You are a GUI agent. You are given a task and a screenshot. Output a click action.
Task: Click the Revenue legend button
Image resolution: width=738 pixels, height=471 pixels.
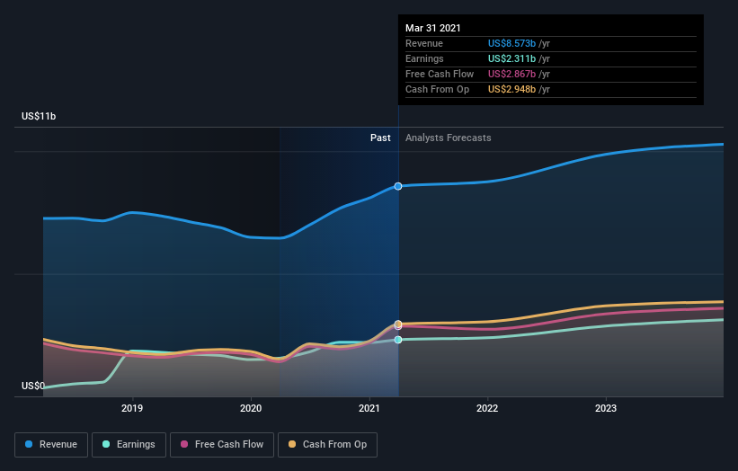[x=52, y=444]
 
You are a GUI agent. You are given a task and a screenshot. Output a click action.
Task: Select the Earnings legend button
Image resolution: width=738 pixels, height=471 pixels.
[x=129, y=444]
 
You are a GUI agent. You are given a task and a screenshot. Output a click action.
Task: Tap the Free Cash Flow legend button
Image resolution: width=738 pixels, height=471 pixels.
[x=216, y=444]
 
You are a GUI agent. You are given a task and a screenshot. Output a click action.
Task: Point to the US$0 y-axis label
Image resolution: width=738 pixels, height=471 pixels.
[x=34, y=387]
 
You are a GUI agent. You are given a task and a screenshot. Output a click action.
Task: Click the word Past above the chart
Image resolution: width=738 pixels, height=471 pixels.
[x=380, y=138]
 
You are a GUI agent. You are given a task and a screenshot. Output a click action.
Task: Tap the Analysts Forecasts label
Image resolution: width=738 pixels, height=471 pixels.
[x=449, y=138]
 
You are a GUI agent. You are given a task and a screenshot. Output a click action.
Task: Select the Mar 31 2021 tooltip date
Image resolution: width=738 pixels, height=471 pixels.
[x=433, y=28]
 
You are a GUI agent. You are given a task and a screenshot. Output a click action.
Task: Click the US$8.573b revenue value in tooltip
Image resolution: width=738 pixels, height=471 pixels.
[x=511, y=43]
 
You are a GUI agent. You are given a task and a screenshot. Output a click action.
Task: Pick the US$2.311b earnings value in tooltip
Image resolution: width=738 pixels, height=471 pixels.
[x=511, y=58]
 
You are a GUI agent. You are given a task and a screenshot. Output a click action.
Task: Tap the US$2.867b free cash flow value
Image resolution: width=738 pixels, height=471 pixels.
[x=511, y=74]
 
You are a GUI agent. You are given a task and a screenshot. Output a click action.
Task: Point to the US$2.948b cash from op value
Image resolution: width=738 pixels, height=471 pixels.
[x=511, y=89]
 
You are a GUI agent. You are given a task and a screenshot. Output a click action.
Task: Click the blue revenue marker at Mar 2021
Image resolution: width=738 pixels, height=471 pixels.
[x=398, y=186]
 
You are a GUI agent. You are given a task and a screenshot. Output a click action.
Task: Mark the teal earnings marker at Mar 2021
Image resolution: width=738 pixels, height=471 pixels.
[x=398, y=340]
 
